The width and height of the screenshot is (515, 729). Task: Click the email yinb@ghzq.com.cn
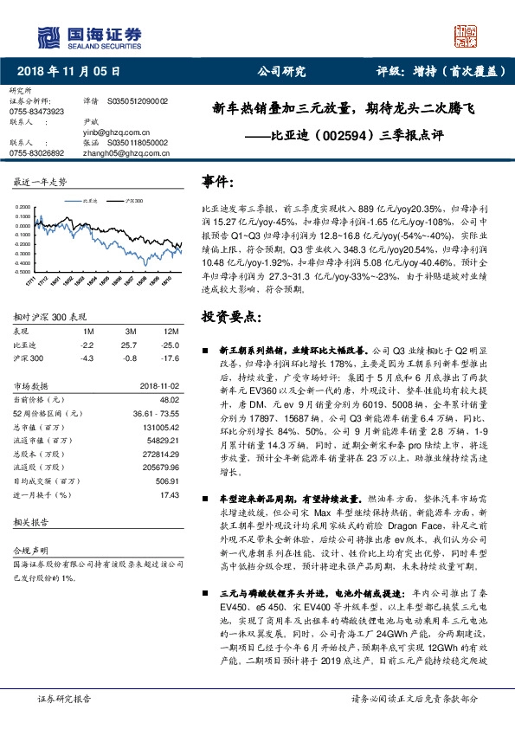point(114,132)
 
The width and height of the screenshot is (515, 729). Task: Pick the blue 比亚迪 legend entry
point(83,200)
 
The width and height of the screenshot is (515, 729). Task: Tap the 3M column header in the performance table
point(132,332)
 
